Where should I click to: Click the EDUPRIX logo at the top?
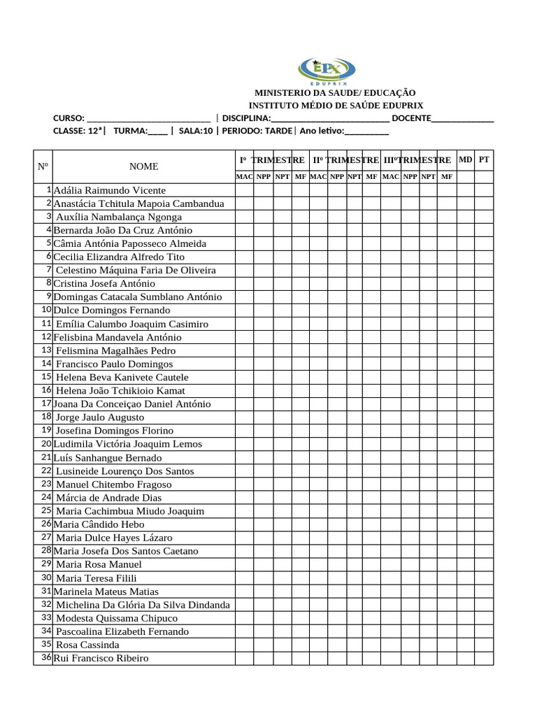327,70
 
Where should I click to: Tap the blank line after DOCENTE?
463,118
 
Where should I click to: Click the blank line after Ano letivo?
366,131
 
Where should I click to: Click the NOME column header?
143,166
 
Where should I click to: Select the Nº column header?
43,167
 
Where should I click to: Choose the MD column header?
466,160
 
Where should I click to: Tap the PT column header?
484,160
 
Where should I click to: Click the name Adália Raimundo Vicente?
110,190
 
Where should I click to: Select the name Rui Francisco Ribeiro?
101,658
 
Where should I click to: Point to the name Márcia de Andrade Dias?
108,498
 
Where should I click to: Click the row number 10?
46,310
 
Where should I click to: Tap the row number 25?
46,510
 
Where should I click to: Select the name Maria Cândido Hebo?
99,524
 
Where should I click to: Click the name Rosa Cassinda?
87,645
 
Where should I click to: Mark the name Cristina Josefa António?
104,284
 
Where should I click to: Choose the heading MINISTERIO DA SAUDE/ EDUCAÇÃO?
335,92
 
